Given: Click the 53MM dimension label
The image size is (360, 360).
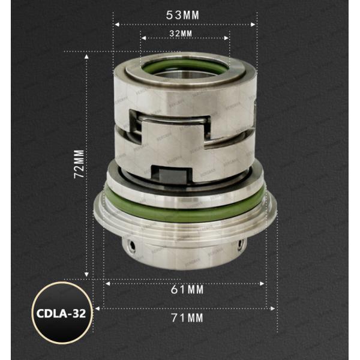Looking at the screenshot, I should coord(185,13).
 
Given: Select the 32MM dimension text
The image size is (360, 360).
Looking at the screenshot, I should coord(185,32).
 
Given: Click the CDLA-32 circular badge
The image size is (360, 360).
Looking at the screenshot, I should coord(62,313).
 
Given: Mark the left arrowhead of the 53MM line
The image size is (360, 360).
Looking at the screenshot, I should coord(116,25).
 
